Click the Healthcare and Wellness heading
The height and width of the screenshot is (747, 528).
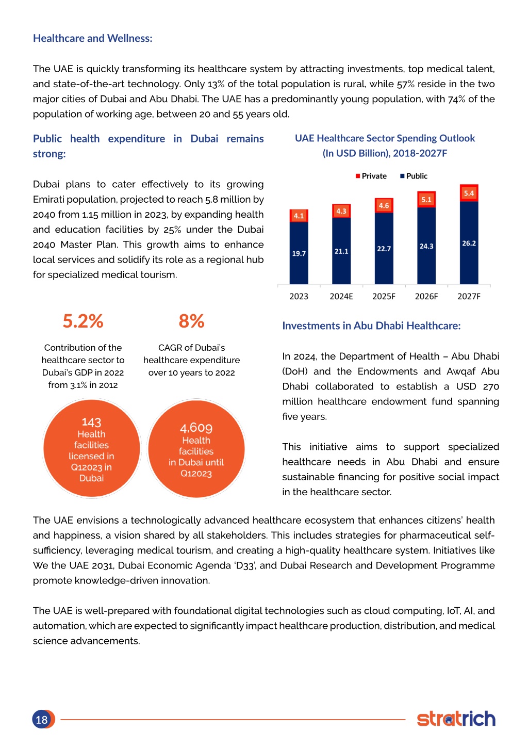point(93,38)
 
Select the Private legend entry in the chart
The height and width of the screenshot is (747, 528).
point(371,176)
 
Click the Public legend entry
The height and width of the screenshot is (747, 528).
point(414,176)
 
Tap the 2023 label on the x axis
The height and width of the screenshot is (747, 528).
point(299,296)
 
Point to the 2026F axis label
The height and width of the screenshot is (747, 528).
point(426,296)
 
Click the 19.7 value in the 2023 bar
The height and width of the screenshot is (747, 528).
point(299,253)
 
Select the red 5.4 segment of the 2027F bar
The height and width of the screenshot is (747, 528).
point(469,193)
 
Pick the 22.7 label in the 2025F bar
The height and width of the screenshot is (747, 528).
point(384,249)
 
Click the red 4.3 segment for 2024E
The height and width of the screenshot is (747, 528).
point(341,211)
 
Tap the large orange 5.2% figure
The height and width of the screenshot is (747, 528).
point(83,321)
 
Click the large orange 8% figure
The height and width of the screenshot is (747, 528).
point(191,321)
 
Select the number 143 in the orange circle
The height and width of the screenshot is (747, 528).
point(91,422)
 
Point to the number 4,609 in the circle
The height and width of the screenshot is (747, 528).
point(196,428)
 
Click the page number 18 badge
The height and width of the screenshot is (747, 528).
point(43,719)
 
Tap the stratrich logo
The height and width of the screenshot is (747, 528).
point(456,718)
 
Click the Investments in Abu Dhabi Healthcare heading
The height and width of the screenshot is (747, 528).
point(371,326)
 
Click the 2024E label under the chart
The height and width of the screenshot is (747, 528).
point(341,296)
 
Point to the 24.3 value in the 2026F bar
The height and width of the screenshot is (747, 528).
point(426,246)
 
